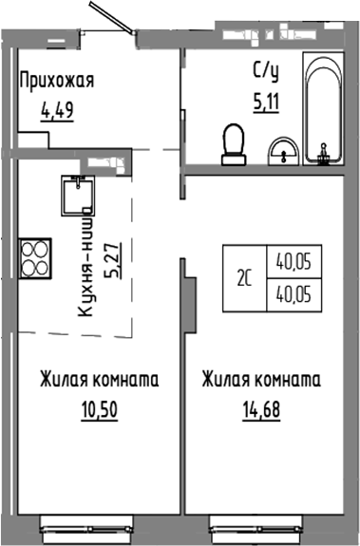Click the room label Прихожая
coord(56,80)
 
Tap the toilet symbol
coord(232,142)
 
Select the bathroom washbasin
coord(282,149)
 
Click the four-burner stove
coord(35,255)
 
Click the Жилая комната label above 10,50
coord(99,381)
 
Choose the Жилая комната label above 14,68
coord(261,381)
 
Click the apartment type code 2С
coord(243,279)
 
